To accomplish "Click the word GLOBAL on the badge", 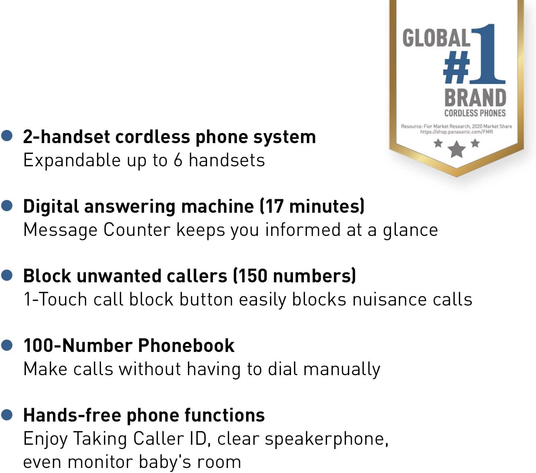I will pyautogui.click(x=436, y=38).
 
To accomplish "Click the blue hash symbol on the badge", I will pyautogui.click(x=457, y=68).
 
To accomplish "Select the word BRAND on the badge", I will pyautogui.click(x=475, y=98).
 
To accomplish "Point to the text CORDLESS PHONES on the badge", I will pyautogui.click(x=475, y=113).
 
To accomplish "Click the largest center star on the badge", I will pyautogui.click(x=457, y=149).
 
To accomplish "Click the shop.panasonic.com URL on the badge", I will pyautogui.click(x=457, y=132).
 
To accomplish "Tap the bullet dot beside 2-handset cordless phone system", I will pyautogui.click(x=7, y=136).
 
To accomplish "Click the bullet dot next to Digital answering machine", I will pyautogui.click(x=7, y=205).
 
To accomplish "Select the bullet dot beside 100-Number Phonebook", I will pyautogui.click(x=7, y=345).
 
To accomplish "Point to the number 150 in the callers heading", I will pyautogui.click(x=251, y=276).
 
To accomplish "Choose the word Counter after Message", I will pyautogui.click(x=137, y=230).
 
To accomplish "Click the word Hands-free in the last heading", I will pyautogui.click(x=72, y=415).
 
